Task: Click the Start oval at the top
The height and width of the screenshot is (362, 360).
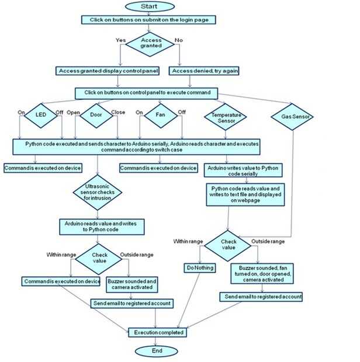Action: (149, 6)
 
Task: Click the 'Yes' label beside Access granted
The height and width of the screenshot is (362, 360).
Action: (121, 40)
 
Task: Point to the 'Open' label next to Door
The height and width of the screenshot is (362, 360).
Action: (74, 112)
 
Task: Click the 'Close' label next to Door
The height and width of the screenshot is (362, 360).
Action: (118, 112)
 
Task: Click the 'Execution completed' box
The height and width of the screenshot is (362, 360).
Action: (158, 332)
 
